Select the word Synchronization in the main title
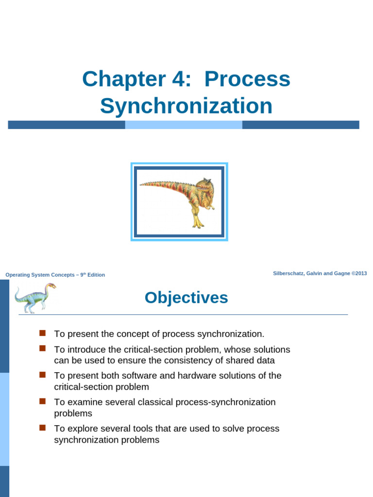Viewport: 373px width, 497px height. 186,106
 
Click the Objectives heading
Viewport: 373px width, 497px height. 186,298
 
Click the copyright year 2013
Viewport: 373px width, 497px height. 361,274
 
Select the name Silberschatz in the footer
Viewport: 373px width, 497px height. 290,274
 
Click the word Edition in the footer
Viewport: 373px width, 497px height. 96,275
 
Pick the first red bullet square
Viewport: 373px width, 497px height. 42,333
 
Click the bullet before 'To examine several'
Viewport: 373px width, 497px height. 42,401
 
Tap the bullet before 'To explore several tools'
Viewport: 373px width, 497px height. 42,428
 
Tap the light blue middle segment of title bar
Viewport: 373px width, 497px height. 184,125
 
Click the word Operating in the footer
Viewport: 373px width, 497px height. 18,275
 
